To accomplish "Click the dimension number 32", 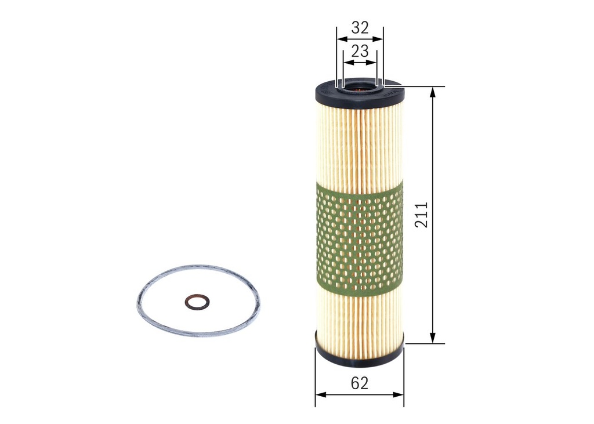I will (x=360, y=28).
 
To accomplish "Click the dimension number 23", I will (x=360, y=51).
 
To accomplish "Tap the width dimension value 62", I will (x=360, y=383).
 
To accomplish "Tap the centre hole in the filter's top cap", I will (x=360, y=89).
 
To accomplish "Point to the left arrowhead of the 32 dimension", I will (x=341, y=39).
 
